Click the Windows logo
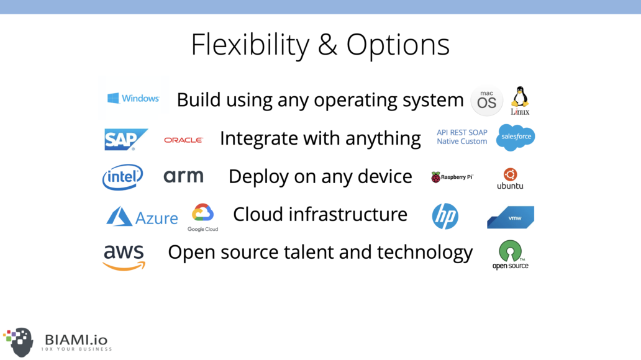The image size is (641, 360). tap(134, 98)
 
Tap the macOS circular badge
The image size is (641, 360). tap(486, 101)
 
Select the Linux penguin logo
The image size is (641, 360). tap(520, 101)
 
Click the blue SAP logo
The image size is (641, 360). tap(126, 139)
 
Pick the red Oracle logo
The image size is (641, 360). tap(184, 140)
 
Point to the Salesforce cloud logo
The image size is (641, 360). tap(516, 137)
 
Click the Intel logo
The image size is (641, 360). tap(122, 177)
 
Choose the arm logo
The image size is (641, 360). tap(184, 176)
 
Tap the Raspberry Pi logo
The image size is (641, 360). tap(452, 177)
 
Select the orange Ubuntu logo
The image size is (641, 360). tap(510, 179)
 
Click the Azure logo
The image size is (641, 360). tap(142, 217)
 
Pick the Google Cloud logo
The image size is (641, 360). tap(202, 217)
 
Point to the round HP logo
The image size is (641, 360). tap(445, 216)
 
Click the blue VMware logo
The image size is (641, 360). tap(511, 217)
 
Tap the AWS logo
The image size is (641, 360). tap(124, 257)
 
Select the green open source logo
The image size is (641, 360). tap(510, 254)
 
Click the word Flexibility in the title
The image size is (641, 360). tap(250, 45)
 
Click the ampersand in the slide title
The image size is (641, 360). tap(328, 44)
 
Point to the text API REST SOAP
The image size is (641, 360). tap(462, 132)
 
